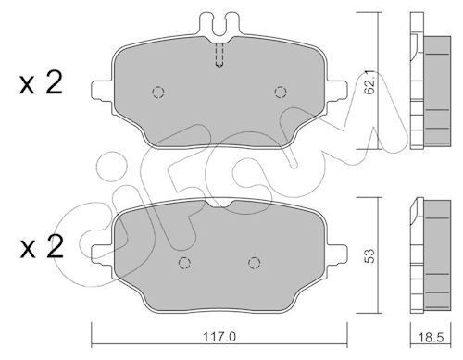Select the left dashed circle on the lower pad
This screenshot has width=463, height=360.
click(183, 263)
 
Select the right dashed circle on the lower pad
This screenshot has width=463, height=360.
click(252, 263)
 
